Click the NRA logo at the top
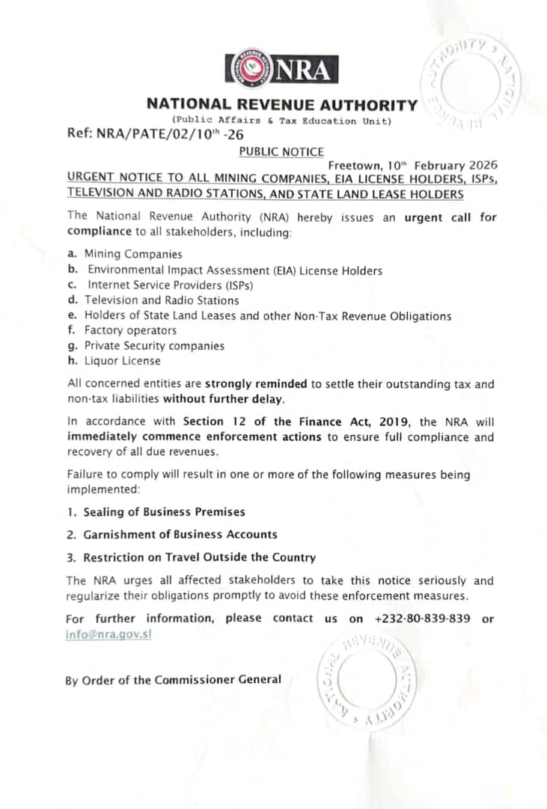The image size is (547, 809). [281, 68]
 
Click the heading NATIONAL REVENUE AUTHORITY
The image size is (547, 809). [281, 106]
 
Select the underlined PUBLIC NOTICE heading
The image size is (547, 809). [281, 151]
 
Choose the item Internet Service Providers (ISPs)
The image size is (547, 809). [170, 285]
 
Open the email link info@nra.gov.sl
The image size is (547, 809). [109, 634]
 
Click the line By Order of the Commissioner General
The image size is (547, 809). [174, 680]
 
